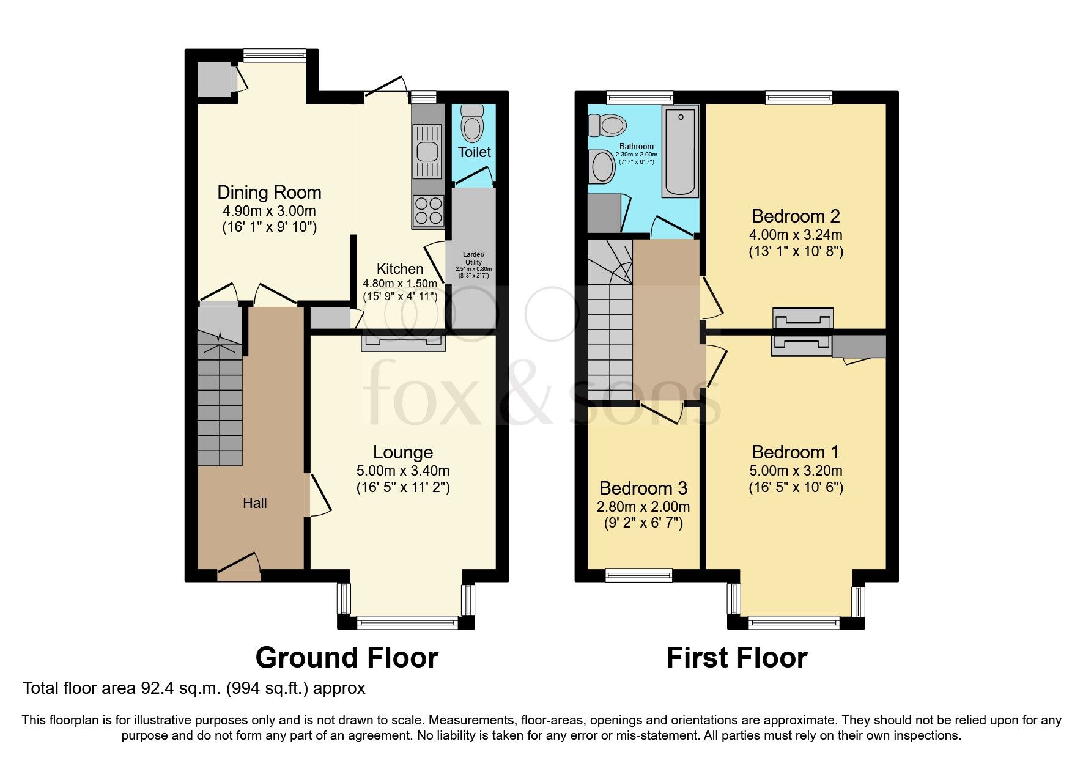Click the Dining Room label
(269, 193)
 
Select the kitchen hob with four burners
(428, 210)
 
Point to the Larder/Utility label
(473, 258)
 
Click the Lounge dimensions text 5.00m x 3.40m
(402, 471)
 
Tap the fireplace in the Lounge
(403, 343)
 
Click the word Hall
(254, 503)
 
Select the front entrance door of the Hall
(238, 567)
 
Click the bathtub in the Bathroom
(680, 152)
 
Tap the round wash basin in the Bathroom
(603, 167)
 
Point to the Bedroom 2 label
(795, 216)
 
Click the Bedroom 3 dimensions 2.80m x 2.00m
(643, 507)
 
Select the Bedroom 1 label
(795, 452)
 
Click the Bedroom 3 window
(638, 575)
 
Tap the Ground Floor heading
(346, 658)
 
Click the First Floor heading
(736, 658)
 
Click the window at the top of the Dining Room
(274, 55)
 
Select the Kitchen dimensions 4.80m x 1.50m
(400, 283)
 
